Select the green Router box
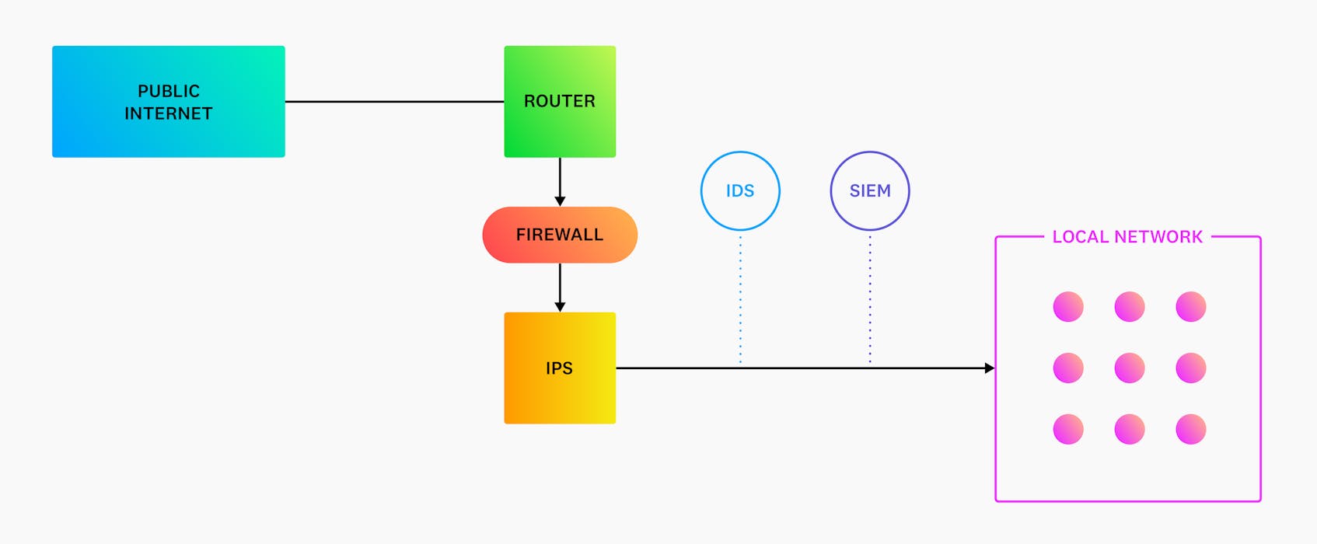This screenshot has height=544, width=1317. point(560,101)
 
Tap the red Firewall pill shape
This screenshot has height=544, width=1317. point(560,235)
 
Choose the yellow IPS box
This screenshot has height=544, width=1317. point(560,368)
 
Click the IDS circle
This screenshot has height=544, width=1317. point(740,190)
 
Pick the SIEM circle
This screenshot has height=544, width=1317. point(870,190)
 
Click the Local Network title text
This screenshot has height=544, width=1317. point(1127,237)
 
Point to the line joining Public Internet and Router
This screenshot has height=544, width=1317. point(394,101)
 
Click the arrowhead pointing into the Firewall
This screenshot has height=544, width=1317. point(560,201)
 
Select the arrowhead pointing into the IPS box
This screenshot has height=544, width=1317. point(560,307)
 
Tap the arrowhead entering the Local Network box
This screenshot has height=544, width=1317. point(989,368)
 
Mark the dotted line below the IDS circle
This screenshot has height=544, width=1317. point(740,299)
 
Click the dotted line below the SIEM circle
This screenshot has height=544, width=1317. point(870,299)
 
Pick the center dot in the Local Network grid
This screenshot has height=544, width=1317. point(1130,368)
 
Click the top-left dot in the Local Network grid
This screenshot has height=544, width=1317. point(1068,306)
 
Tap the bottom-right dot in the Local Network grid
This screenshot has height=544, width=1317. point(1191,429)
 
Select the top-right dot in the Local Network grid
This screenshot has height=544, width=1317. point(1191,306)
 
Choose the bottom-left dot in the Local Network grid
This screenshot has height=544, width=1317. point(1068,429)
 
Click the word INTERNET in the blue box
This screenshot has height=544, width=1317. point(169,113)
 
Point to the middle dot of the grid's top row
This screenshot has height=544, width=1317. point(1130,306)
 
